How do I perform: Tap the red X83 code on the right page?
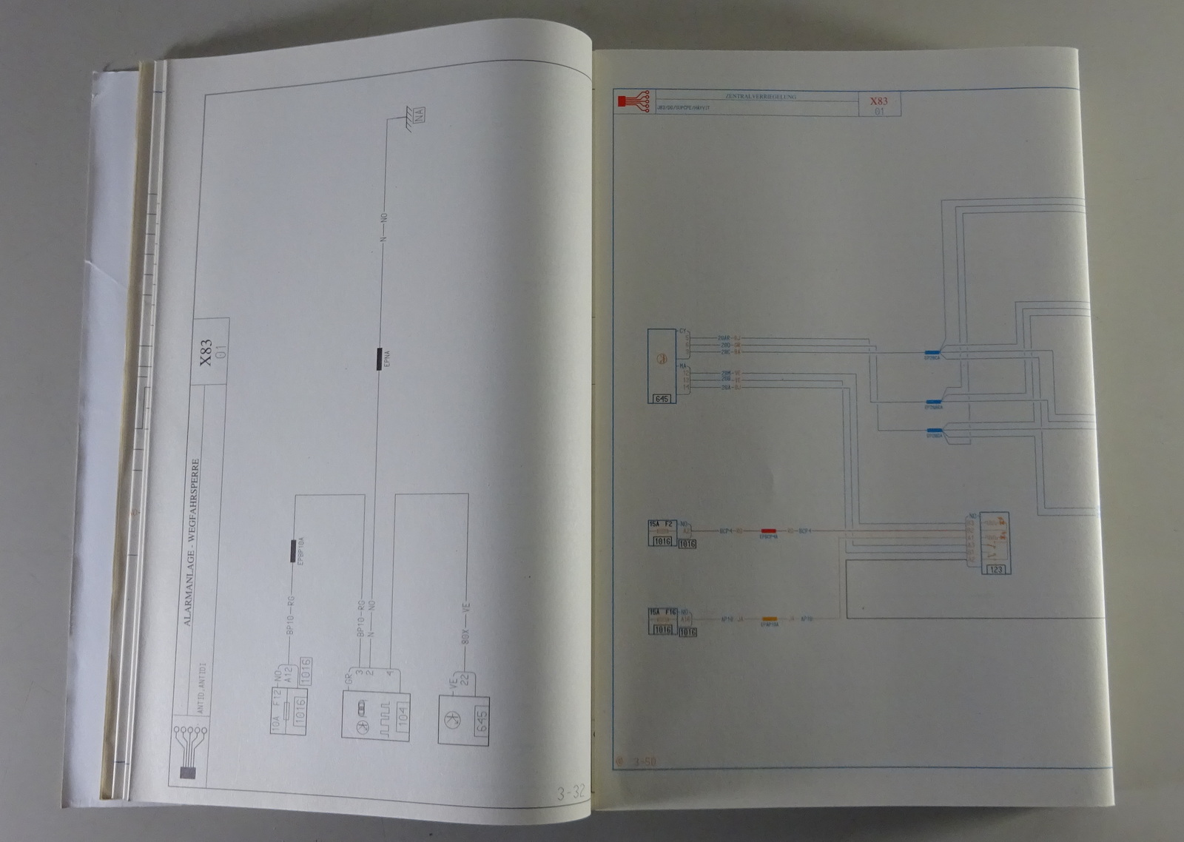pyautogui.click(x=878, y=101)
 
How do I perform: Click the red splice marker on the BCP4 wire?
pyautogui.click(x=770, y=531)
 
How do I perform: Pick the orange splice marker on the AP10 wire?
pyautogui.click(x=770, y=619)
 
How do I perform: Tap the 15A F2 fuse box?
pyautogui.click(x=662, y=533)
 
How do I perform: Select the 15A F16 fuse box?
pyautogui.click(x=662, y=622)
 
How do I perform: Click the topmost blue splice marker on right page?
pyautogui.click(x=932, y=353)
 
